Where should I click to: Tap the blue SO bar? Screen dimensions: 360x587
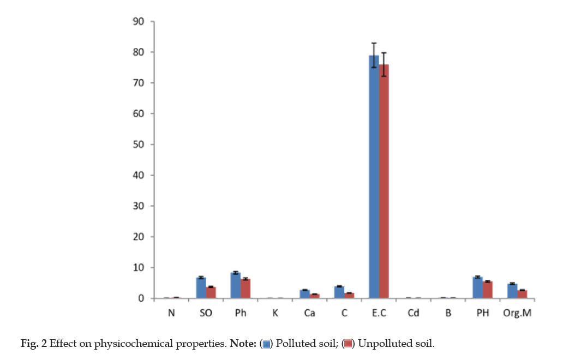pyautogui.click(x=201, y=288)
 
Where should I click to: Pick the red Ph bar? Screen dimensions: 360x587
pyautogui.click(x=245, y=289)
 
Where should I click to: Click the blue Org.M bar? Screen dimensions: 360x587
pyautogui.click(x=512, y=291)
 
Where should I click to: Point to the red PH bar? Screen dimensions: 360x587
pyautogui.click(x=487, y=290)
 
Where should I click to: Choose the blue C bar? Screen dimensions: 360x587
pyautogui.click(x=339, y=292)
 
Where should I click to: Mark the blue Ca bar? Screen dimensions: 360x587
pyautogui.click(x=304, y=293)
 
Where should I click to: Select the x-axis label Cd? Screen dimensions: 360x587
pyautogui.click(x=413, y=314)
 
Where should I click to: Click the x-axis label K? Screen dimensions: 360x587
pyautogui.click(x=275, y=314)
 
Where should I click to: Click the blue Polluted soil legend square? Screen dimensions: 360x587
pyautogui.click(x=267, y=344)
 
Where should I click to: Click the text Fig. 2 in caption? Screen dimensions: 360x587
pyautogui.click(x=34, y=344)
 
